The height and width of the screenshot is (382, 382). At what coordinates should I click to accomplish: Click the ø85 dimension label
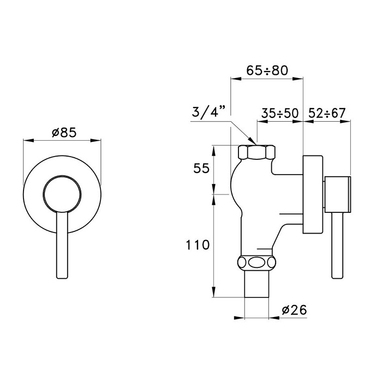62,132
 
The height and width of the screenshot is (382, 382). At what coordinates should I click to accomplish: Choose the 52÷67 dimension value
326,114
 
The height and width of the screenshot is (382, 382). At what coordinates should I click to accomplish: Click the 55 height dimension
201,169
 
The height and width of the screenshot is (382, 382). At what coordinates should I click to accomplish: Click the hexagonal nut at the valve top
258,152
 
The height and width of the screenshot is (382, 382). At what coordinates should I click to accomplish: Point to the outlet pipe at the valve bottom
258,284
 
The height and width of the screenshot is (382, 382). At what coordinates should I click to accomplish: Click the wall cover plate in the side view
313,195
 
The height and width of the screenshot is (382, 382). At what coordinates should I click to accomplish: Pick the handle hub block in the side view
338,194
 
